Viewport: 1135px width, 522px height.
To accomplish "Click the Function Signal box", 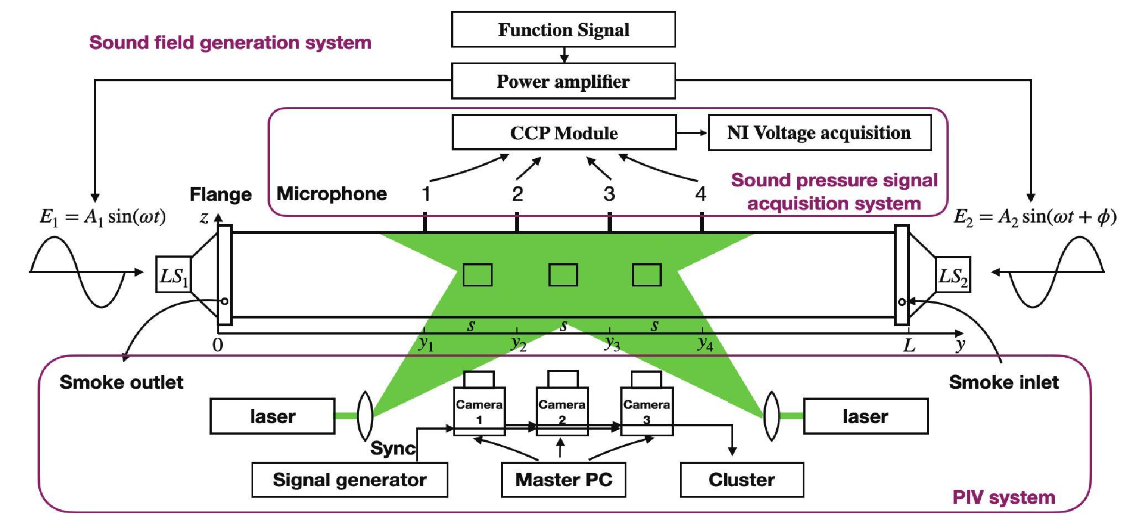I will pyautogui.click(x=563, y=30).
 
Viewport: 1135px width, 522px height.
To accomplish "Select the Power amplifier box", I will pyautogui.click(x=563, y=81).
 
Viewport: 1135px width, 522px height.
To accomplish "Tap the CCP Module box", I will pyautogui.click(x=564, y=133).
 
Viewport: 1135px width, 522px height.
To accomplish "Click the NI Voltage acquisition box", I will pyautogui.click(x=819, y=133).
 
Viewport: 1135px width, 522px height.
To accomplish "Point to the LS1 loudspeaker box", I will pyautogui.click(x=174, y=275).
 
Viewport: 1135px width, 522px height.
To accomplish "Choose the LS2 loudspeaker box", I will pyautogui.click(x=953, y=275).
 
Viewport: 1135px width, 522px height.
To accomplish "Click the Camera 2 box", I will pyautogui.click(x=562, y=412).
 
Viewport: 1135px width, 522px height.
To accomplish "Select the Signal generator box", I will pyautogui.click(x=349, y=480).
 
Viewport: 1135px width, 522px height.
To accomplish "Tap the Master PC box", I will pyautogui.click(x=563, y=480).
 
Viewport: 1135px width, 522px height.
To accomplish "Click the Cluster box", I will pyautogui.click(x=741, y=480).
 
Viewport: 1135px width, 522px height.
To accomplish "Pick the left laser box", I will pyautogui.click(x=273, y=416).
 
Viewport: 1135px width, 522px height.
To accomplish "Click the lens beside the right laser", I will pyautogui.click(x=771, y=416).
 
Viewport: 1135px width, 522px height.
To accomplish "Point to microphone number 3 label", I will pyautogui.click(x=609, y=194).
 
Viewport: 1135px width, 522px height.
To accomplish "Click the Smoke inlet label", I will pyautogui.click(x=1003, y=382).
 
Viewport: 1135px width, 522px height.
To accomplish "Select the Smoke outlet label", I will pyautogui.click(x=121, y=382).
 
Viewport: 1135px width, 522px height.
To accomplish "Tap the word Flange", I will pyautogui.click(x=221, y=194).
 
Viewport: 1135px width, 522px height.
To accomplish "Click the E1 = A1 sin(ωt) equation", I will pyautogui.click(x=103, y=217).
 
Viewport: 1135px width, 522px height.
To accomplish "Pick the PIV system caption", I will pyautogui.click(x=1003, y=498).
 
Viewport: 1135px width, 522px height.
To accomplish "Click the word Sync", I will pyautogui.click(x=393, y=448).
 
